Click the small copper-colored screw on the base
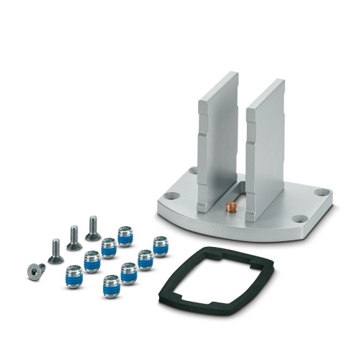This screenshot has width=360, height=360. click(x=232, y=209)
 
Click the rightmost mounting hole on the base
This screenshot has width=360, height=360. click(x=321, y=192)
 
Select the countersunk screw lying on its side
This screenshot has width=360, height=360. click(x=35, y=270)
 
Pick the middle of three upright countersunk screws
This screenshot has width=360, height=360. click(x=74, y=238)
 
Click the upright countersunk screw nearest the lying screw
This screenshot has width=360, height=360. click(x=55, y=251)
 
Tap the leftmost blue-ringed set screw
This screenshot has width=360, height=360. click(x=73, y=276)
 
